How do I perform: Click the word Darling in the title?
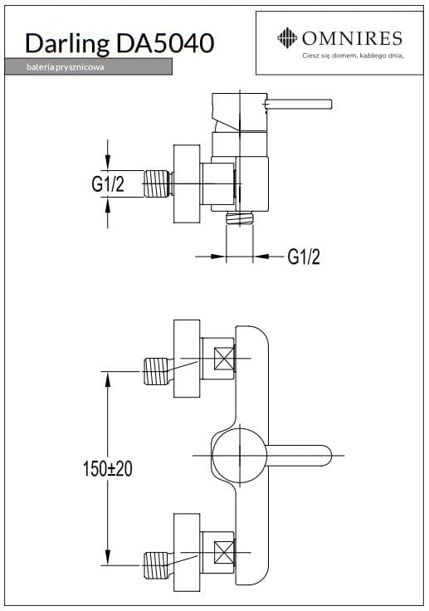pyautogui.click(x=67, y=44)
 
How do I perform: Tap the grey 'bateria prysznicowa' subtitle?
pyautogui.click(x=65, y=67)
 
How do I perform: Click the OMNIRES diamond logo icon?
pyautogui.click(x=287, y=38)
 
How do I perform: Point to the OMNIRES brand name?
pyautogui.click(x=352, y=38)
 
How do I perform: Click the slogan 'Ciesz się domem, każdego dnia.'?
pyautogui.click(x=353, y=56)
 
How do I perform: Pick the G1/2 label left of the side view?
pyautogui.click(x=108, y=184)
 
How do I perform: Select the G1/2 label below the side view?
pyautogui.click(x=304, y=257)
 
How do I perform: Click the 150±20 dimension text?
pyautogui.click(x=108, y=468)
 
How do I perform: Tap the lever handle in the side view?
pyautogui.click(x=298, y=105)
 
